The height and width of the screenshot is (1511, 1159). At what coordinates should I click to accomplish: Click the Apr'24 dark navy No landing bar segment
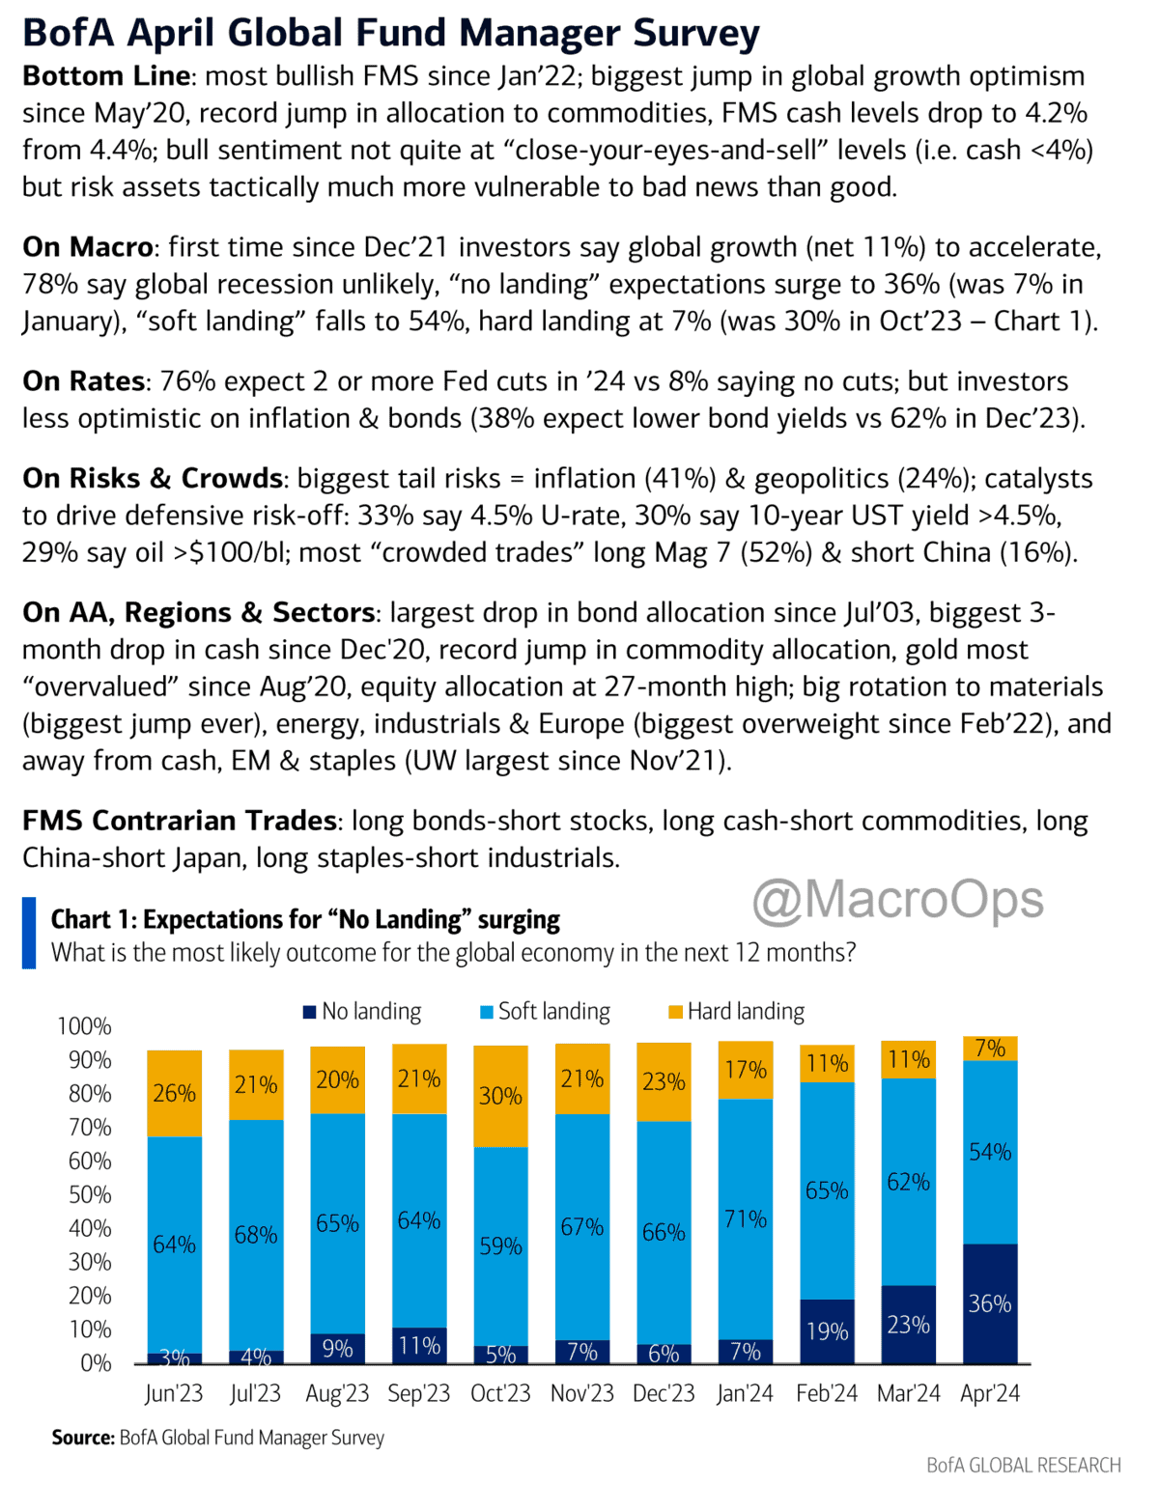990,1303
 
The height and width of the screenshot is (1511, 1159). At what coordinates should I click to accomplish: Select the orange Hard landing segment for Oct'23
500,1096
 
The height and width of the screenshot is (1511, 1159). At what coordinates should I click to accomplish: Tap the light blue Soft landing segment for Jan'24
746,1218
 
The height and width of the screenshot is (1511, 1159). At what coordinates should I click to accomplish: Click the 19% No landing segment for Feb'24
827,1330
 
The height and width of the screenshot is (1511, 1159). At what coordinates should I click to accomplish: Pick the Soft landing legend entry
546,1011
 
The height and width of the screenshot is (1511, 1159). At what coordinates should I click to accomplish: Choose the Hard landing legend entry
736,1011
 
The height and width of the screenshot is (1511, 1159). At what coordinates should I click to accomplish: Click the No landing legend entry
362,1011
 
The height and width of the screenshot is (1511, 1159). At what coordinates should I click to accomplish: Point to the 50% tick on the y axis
90,1194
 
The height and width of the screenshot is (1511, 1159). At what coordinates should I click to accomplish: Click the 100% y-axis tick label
85,1025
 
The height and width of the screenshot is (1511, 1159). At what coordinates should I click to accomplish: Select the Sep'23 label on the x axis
419,1393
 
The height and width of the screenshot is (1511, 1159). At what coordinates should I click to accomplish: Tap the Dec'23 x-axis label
664,1393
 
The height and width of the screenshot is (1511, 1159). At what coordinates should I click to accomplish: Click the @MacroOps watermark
898,899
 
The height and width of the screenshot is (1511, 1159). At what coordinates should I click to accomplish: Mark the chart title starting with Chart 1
305,919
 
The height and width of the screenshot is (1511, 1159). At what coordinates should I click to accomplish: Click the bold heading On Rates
84,381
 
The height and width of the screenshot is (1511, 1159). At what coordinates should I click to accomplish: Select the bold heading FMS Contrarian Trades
180,821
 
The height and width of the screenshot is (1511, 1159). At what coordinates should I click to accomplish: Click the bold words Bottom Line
107,76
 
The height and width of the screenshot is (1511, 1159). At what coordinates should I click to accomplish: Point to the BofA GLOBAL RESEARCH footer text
1024,1465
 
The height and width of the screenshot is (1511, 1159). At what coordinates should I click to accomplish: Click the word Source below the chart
83,1438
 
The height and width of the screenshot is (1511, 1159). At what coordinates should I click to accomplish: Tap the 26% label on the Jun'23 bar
174,1093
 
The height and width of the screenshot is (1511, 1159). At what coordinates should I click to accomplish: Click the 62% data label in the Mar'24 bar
908,1182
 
